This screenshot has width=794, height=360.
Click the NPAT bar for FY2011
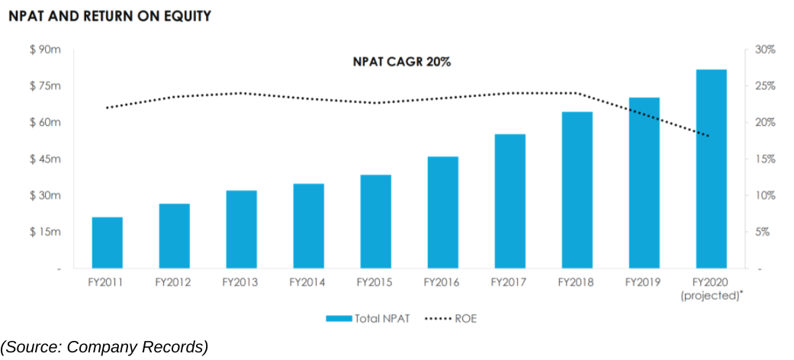point(107,243)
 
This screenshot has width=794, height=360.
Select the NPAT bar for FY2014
point(308,226)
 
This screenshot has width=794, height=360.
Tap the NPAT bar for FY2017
point(510,201)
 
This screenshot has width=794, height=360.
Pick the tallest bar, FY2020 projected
point(711,169)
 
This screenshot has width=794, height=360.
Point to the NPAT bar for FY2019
point(644,183)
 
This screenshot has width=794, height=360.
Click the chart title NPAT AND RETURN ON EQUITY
point(110,15)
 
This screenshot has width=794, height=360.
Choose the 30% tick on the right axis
point(764,50)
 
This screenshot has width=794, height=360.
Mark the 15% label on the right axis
point(764,159)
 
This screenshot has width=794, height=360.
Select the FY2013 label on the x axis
point(240,282)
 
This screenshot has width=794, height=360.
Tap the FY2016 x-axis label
point(442,282)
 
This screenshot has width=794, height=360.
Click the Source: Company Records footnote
point(104,347)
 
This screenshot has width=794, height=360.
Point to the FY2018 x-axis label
point(576,282)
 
